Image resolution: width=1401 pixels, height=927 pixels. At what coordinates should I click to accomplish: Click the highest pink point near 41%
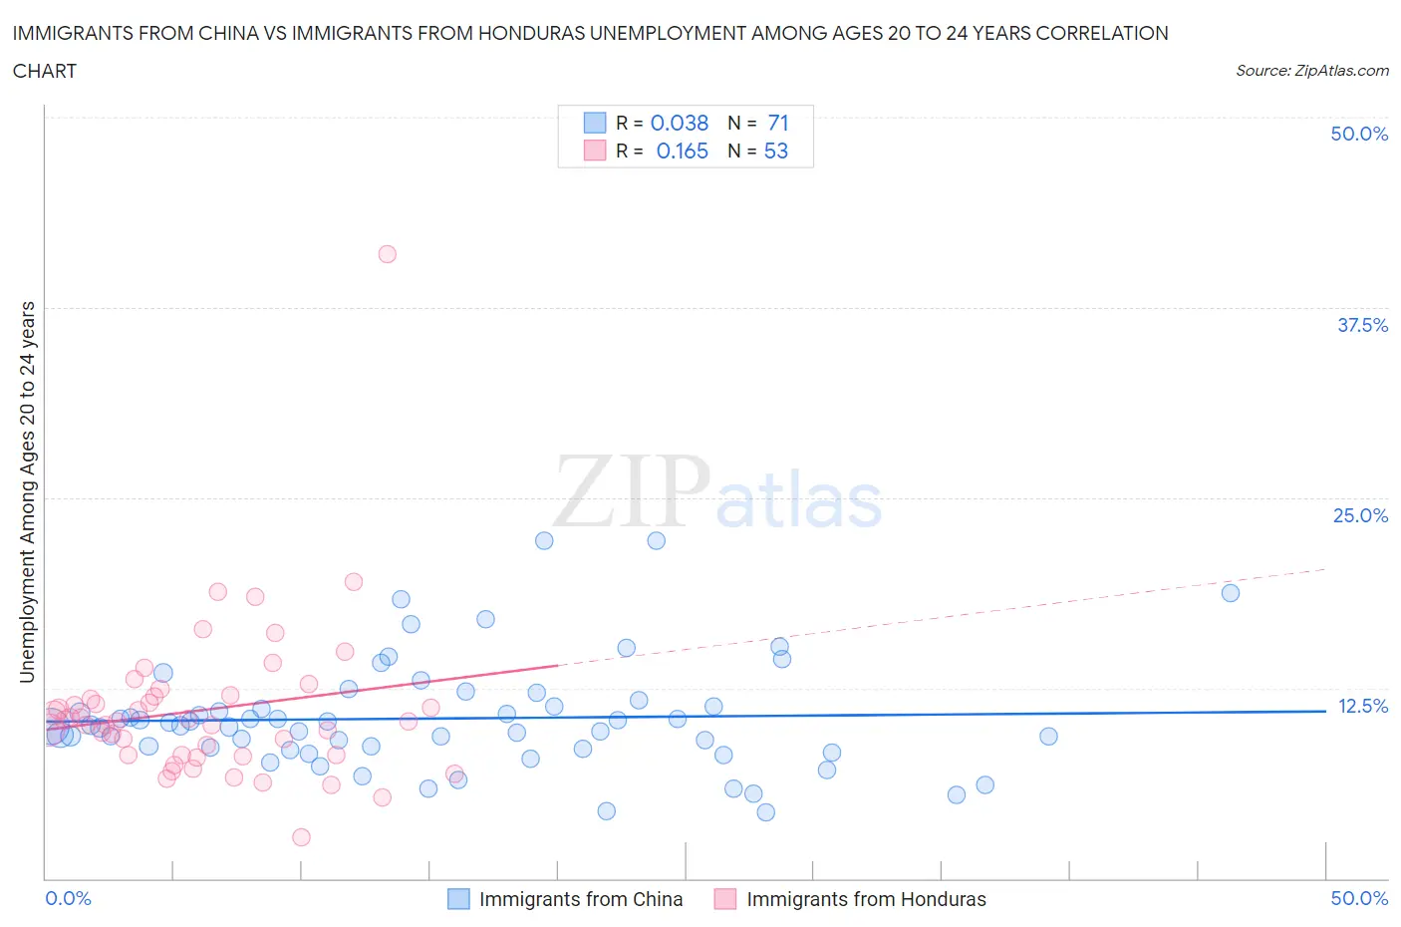point(387,254)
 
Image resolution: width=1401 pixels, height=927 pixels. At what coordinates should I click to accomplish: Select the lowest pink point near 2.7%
point(301,837)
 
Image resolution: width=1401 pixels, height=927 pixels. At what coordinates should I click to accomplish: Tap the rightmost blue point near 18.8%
point(1231,593)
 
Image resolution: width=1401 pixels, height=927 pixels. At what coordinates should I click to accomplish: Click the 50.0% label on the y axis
point(1359,135)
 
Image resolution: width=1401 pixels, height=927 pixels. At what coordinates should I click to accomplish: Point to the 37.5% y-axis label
point(1362,325)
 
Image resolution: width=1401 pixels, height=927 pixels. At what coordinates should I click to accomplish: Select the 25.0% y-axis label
point(1360,515)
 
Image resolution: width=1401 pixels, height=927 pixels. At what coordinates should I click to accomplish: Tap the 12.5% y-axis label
point(1362,706)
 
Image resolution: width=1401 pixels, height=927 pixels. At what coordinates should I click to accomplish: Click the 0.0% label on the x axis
point(69,898)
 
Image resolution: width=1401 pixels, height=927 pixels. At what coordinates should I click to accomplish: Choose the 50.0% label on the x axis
point(1359,898)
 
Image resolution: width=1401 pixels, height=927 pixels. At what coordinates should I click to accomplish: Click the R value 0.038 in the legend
point(680,123)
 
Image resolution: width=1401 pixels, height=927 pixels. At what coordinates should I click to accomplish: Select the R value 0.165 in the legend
point(683,151)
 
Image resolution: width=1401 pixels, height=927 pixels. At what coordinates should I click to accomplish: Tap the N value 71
point(778,123)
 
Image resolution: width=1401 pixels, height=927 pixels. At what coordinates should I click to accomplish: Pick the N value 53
point(776,151)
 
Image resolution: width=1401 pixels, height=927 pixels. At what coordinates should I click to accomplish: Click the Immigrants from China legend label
point(581,899)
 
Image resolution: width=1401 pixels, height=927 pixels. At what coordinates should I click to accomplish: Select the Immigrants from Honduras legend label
point(866,899)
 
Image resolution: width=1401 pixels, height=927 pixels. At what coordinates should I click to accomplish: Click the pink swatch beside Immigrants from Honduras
point(725,899)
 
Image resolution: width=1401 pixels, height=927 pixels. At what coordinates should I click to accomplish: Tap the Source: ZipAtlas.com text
point(1311,70)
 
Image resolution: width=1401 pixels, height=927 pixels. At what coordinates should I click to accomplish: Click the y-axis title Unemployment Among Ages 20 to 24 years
point(27,491)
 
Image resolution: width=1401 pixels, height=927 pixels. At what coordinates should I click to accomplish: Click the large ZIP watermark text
point(632,491)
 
